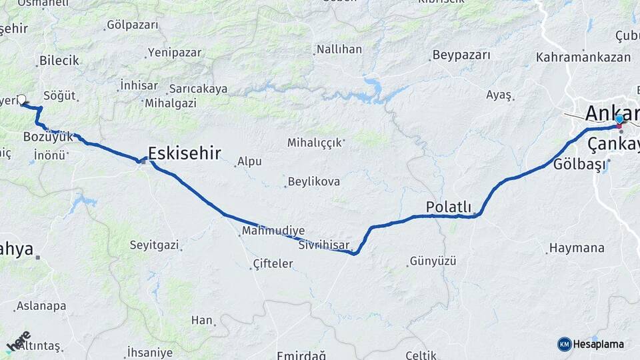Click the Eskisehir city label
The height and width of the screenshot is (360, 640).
184,153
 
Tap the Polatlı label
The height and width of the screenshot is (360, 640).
449,206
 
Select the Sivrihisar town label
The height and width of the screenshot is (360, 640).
324,245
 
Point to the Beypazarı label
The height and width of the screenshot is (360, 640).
461,55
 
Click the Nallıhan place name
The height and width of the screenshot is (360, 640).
339,49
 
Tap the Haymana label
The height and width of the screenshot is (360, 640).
576,248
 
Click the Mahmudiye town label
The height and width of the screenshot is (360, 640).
273,231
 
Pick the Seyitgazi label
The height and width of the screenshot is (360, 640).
154,245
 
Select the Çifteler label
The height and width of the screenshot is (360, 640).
273,264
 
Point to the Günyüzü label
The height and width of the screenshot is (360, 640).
433,261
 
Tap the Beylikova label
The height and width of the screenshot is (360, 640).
313,181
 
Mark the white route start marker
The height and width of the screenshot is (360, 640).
21,99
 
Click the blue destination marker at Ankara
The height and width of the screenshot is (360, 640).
619,119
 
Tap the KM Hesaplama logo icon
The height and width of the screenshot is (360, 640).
564,344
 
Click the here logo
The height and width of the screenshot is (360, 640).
19,341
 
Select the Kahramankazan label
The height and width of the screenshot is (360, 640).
583,57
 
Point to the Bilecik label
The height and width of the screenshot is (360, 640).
59,61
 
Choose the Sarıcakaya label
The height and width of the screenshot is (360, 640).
198,89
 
